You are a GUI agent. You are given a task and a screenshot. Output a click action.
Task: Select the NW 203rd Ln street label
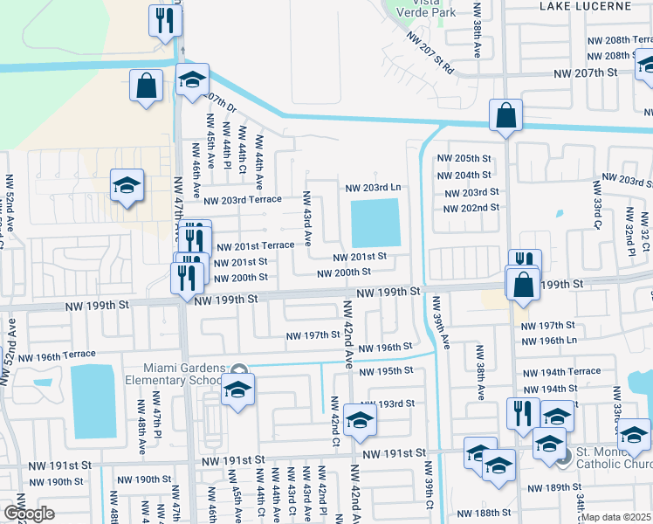[373, 188]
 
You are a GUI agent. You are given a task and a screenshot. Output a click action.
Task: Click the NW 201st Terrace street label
[255, 246]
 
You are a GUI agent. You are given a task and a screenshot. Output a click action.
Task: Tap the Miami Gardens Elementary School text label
[185, 374]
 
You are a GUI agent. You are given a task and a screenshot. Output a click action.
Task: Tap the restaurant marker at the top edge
[165, 19]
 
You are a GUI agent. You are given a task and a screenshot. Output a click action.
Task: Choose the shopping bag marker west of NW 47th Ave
[147, 86]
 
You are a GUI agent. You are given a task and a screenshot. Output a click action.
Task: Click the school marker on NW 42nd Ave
[360, 421]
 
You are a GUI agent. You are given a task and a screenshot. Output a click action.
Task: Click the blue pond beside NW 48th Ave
[93, 401]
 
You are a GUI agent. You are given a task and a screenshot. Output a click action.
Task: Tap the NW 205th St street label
[467, 158]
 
